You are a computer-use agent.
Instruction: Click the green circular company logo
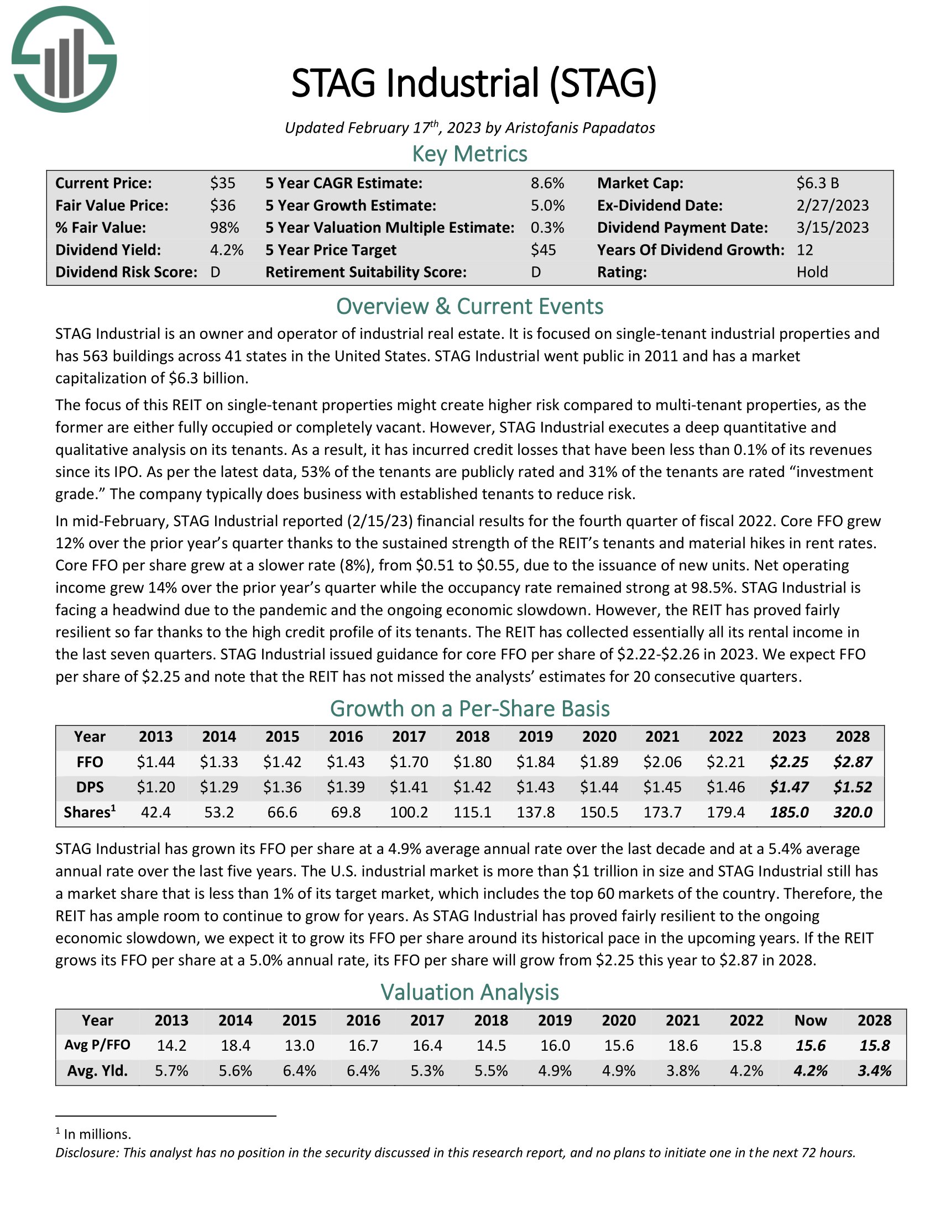[64, 60]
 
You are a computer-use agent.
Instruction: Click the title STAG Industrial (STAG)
[474, 83]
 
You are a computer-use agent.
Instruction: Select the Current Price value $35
[223, 183]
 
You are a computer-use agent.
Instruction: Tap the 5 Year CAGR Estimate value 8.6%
[547, 183]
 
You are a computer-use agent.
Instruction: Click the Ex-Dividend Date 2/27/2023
[832, 206]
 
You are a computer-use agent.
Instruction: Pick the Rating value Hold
[812, 272]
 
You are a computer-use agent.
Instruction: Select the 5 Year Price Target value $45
[543, 250]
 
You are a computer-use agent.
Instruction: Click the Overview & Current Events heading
[469, 307]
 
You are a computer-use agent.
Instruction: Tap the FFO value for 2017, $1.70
[409, 762]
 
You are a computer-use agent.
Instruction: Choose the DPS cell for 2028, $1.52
[852, 787]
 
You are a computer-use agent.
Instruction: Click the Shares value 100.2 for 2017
[409, 813]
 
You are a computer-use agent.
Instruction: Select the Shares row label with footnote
[90, 813]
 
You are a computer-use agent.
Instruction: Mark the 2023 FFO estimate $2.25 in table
[788, 762]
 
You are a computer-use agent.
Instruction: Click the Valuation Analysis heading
[469, 992]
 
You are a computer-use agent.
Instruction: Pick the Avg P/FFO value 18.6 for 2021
[682, 1046]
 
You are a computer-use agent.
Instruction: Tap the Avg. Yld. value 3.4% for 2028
[874, 1071]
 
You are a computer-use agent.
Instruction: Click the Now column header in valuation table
[810, 1020]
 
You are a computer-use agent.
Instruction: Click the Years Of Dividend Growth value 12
[805, 250]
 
